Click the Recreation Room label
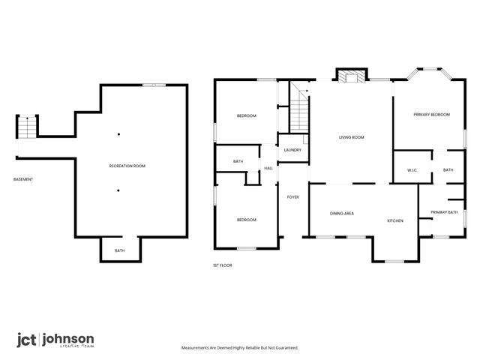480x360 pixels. click(127, 165)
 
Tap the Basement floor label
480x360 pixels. click(23, 179)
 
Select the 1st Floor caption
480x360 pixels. click(223, 265)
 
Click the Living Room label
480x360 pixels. click(351, 137)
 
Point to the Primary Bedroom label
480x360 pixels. click(431, 114)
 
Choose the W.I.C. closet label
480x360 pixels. click(412, 170)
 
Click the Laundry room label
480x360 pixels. click(292, 150)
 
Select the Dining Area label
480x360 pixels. click(342, 214)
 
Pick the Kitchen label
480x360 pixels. click(395, 221)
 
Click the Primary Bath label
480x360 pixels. click(444, 212)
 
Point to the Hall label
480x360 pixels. click(268, 168)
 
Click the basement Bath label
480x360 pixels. click(120, 250)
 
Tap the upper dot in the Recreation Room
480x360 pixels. click(118, 134)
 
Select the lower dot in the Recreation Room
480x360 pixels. click(118, 190)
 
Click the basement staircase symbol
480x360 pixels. click(27, 127)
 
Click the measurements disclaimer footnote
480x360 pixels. click(240, 348)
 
